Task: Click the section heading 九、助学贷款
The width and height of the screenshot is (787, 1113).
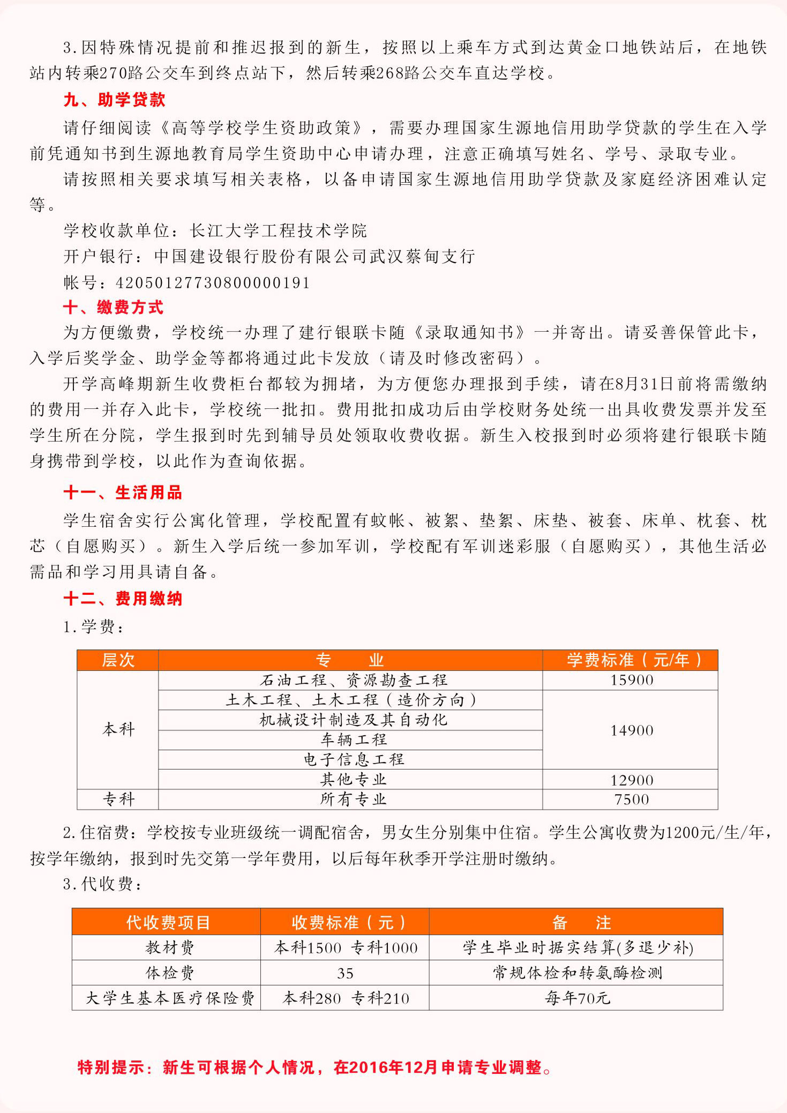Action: coord(114,100)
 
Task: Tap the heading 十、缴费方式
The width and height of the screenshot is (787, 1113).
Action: coord(113,307)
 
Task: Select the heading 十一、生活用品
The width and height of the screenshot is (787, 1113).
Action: coord(123,492)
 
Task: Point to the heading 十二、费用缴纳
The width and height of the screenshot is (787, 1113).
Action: coord(123,599)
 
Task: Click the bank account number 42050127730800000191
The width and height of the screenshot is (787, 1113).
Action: coord(213,282)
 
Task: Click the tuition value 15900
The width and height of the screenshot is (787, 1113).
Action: coord(632,680)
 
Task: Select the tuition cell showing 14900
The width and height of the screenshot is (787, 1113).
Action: coord(632,730)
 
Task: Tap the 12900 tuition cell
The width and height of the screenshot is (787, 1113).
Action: coord(632,780)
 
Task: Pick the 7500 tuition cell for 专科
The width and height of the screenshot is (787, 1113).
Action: coord(632,800)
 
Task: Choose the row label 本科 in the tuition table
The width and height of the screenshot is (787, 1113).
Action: coord(118,729)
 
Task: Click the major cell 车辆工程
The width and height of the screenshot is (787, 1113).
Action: coord(353,740)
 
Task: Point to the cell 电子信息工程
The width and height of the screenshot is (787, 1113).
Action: coord(354,759)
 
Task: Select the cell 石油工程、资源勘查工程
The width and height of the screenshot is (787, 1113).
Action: coord(353,680)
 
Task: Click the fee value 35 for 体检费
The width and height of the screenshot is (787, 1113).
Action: coord(345,973)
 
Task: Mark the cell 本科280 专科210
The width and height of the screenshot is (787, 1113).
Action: coord(346,998)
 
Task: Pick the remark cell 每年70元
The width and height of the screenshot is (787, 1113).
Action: coord(577,998)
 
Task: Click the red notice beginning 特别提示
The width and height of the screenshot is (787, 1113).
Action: coord(314,1067)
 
